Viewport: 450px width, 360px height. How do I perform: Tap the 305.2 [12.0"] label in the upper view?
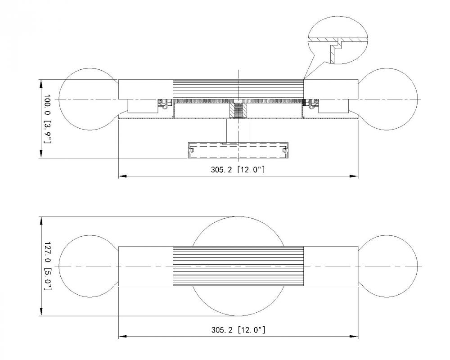click(x=238, y=171)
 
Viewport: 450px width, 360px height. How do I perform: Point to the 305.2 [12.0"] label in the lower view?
click(x=238, y=330)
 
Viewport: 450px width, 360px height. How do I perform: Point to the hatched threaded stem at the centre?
click(x=238, y=109)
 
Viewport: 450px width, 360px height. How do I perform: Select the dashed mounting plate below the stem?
click(x=238, y=151)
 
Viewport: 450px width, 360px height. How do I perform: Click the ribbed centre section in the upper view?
click(x=238, y=89)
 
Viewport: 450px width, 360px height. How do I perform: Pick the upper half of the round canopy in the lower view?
click(x=238, y=232)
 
